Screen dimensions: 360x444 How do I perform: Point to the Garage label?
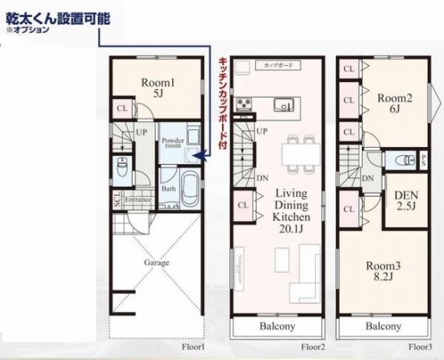[x=156, y=262]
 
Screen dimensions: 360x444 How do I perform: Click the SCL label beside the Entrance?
[x=117, y=200]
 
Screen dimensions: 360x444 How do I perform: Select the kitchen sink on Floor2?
[x=283, y=104]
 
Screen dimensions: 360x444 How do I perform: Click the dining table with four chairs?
[x=300, y=152]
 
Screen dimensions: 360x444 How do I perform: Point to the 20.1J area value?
[x=292, y=230]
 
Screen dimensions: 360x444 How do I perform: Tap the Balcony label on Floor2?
[x=277, y=326]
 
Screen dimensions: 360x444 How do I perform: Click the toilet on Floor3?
[x=401, y=159]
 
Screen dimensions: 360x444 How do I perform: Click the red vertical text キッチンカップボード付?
[x=221, y=103]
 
